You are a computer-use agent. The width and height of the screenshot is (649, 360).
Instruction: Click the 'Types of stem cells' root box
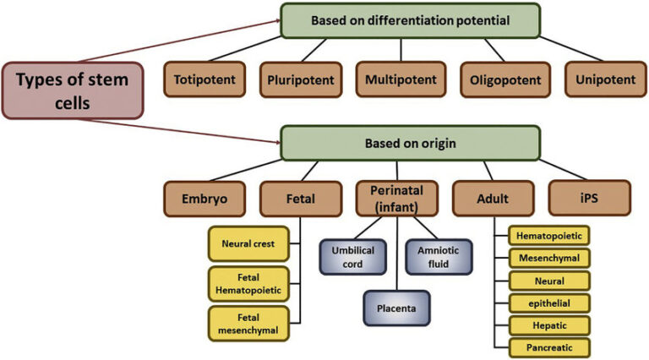tap(74, 91)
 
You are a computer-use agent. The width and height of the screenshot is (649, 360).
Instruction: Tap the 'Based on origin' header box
tap(410, 143)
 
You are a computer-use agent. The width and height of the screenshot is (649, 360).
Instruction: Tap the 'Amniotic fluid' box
tap(438, 256)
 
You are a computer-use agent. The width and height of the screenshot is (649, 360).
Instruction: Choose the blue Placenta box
tap(396, 308)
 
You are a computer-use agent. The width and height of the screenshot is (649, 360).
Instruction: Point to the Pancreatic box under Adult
tap(548, 346)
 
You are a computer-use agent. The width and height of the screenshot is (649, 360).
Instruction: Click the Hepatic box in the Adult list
tap(548, 325)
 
